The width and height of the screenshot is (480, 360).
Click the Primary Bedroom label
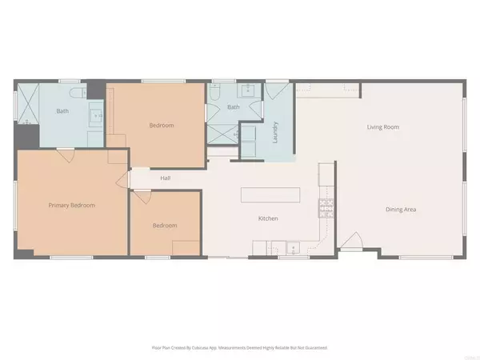(x=71, y=206)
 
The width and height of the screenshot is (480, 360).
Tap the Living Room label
(x=382, y=126)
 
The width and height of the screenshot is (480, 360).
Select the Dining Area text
(x=401, y=210)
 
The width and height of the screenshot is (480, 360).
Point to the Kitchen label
(x=267, y=218)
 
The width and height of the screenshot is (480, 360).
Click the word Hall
(x=166, y=178)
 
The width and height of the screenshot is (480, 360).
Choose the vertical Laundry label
(x=274, y=130)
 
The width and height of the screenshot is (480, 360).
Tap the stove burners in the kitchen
(x=325, y=208)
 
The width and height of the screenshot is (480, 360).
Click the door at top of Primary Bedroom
(x=67, y=154)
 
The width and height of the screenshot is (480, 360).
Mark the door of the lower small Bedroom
(x=140, y=196)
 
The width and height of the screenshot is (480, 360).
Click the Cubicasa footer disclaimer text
(x=239, y=348)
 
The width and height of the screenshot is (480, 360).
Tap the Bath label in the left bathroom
(x=62, y=111)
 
